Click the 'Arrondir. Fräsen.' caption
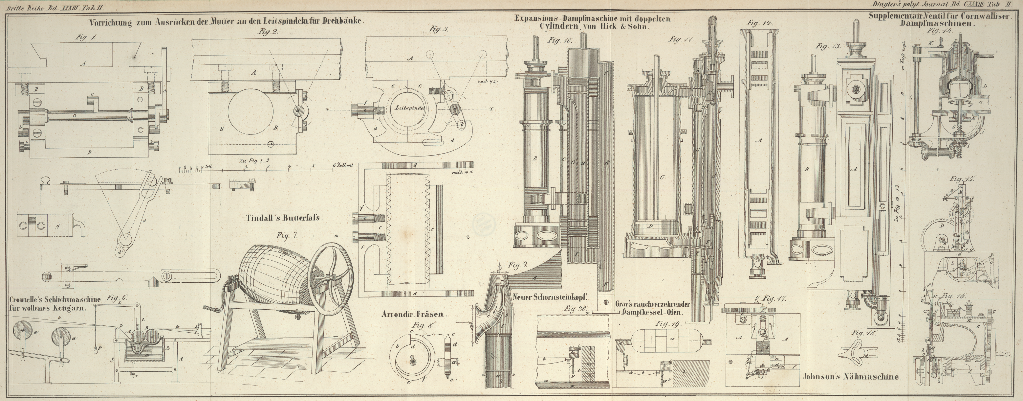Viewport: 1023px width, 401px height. (x=414, y=314)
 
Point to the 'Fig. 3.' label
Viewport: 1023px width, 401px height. (x=438, y=29)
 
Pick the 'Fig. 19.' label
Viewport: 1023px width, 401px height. (x=668, y=324)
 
